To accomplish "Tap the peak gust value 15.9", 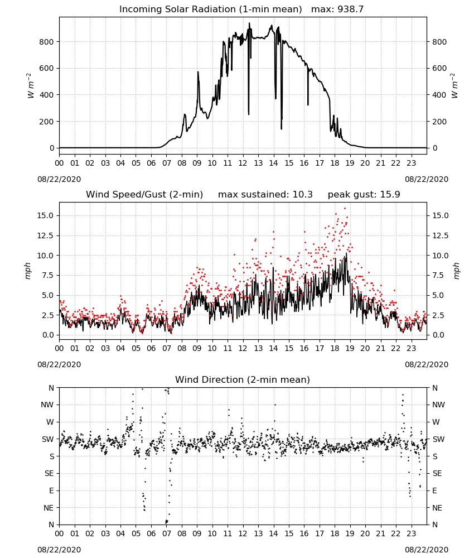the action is (390, 195).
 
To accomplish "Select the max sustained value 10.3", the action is (303, 195).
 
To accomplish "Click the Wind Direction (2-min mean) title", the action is (243, 379).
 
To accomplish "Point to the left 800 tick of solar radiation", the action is (46, 42).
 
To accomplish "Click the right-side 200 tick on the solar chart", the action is (439, 122).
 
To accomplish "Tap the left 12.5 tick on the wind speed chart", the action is (45, 235).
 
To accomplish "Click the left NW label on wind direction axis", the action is (47, 405).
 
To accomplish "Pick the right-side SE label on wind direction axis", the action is (437, 474).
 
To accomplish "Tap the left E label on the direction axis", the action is (51, 490).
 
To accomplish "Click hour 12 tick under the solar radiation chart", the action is (243, 163).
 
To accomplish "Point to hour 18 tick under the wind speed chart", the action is (335, 348).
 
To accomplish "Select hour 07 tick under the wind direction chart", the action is (166, 533).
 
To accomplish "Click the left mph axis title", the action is (28, 271).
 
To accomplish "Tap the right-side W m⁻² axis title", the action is (455, 86).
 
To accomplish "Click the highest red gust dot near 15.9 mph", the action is (345, 209).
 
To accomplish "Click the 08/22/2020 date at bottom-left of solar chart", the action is (59, 179).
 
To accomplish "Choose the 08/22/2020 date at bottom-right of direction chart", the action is (427, 550).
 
